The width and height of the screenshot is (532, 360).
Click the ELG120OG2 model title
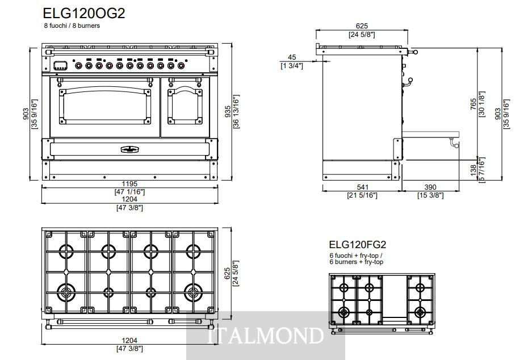tap(84, 13)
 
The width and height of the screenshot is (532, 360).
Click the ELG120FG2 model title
tap(357, 245)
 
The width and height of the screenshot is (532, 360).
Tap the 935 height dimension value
tap(228, 111)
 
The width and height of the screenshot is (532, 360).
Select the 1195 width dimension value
tap(129, 184)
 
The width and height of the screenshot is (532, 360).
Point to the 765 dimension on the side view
tap(474, 104)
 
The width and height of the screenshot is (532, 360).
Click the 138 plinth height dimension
tap(474, 170)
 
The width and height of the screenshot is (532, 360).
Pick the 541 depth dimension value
tap(362, 187)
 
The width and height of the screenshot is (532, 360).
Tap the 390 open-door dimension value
tap(430, 187)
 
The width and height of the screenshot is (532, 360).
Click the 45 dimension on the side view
tap(292, 57)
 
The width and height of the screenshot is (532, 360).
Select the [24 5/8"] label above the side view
tap(362, 34)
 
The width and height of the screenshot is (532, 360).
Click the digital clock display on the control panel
tap(60, 65)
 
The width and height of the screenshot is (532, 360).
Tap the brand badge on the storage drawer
tap(129, 149)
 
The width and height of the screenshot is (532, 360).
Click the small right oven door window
tap(185, 106)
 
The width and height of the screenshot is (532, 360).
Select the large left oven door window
tap(104, 106)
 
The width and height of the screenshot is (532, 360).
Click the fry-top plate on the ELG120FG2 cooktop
tap(395, 296)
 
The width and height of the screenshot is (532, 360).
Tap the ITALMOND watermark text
tap(265, 336)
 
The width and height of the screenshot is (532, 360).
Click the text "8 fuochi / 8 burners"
tap(72, 26)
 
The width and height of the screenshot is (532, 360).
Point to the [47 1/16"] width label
tap(129, 192)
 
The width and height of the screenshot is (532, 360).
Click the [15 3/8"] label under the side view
tap(430, 195)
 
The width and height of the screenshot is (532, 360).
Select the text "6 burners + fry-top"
tap(356, 262)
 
